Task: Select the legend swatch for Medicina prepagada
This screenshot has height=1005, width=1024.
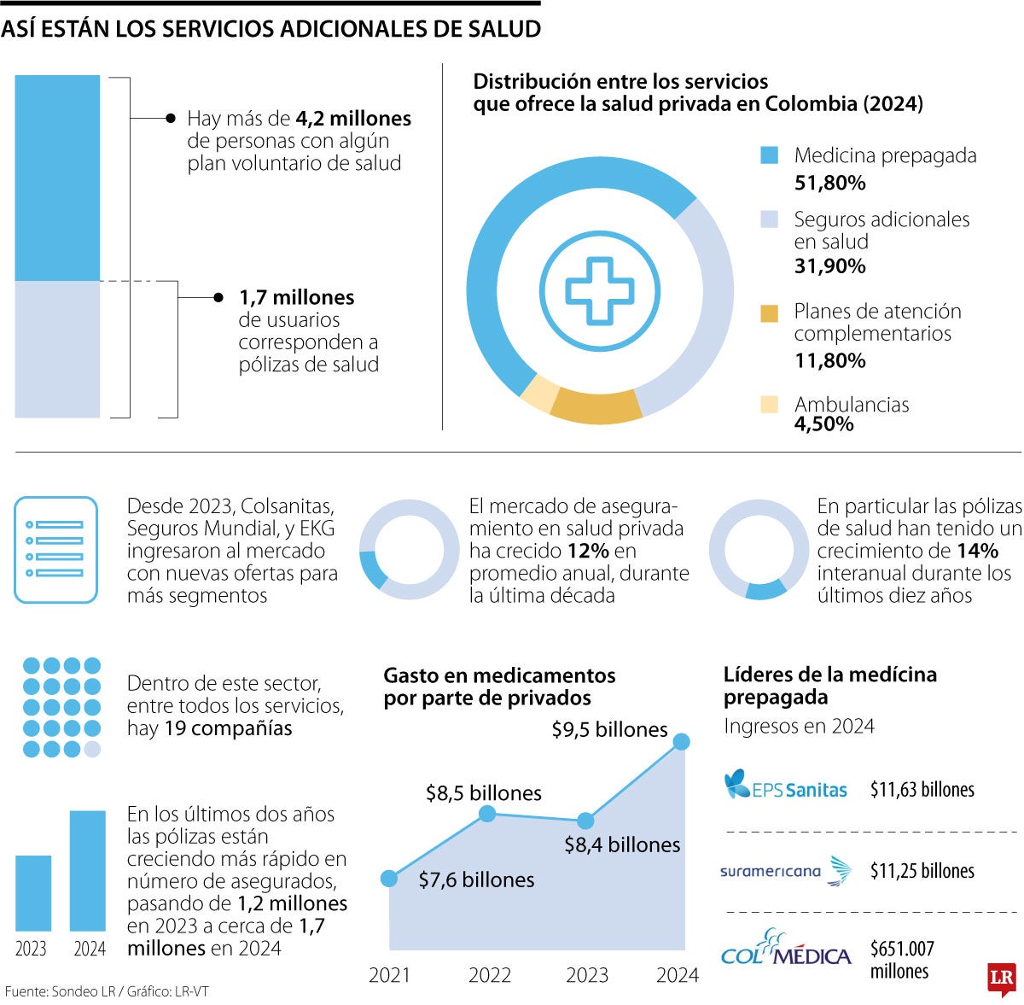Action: [x=770, y=155]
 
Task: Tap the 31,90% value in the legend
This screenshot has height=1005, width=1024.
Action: [x=829, y=266]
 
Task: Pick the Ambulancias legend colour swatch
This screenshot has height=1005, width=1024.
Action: [x=770, y=404]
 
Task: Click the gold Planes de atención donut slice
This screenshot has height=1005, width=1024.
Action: [x=596, y=406]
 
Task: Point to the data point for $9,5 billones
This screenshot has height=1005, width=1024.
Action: [x=681, y=741]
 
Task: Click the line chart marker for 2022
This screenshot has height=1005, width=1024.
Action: [x=487, y=814]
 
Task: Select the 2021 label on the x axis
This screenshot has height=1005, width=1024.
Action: [x=389, y=974]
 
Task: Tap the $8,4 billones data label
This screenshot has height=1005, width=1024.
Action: [x=622, y=844]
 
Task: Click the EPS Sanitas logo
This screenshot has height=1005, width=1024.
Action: [x=785, y=786]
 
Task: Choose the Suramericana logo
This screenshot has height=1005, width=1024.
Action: [x=785, y=871]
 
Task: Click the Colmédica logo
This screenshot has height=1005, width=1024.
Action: [x=786, y=949]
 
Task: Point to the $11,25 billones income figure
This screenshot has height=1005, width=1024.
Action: [x=922, y=871]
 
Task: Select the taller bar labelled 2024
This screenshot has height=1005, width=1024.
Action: [x=88, y=870]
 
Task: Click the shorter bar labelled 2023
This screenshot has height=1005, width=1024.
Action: [x=33, y=892]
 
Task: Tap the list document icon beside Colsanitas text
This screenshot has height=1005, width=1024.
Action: [x=55, y=550]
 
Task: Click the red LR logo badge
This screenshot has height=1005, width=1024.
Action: [x=1001, y=979]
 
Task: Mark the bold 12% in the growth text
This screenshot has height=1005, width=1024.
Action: [x=588, y=551]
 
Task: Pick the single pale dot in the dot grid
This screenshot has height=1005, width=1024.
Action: [x=92, y=749]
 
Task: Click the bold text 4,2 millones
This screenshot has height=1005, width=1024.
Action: [x=353, y=119]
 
